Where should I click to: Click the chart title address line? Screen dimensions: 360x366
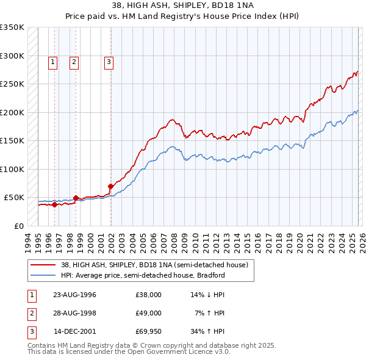click(x=183, y=5)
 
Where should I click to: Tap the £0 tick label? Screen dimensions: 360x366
click(x=18, y=226)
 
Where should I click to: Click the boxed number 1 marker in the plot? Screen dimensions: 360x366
click(x=53, y=61)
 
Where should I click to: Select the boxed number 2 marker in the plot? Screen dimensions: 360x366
click(x=74, y=61)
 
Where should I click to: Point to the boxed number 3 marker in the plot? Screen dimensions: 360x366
click(x=109, y=61)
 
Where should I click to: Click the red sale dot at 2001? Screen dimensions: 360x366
click(x=110, y=186)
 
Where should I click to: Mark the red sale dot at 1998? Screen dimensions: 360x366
click(x=76, y=198)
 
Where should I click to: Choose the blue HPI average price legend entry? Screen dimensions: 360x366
click(x=143, y=275)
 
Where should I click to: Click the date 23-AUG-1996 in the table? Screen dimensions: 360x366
click(x=74, y=295)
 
